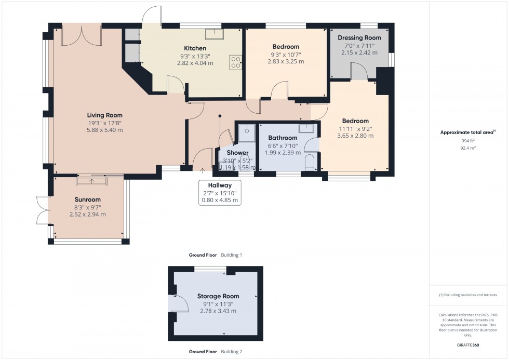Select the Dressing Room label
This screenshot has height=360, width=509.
(359, 38)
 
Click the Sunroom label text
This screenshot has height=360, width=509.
(87, 199)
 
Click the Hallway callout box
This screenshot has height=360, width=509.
(220, 192)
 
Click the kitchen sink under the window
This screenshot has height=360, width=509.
(213, 34)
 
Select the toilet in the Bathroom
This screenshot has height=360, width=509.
(310, 162)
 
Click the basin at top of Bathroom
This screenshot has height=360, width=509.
(306, 128)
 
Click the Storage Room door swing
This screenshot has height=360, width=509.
(179, 303)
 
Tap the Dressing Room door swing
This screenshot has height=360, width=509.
(359, 72)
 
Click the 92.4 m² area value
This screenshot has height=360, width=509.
(468, 148)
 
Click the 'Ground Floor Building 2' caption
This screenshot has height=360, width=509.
(216, 352)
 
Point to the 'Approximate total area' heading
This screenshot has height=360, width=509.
(467, 132)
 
